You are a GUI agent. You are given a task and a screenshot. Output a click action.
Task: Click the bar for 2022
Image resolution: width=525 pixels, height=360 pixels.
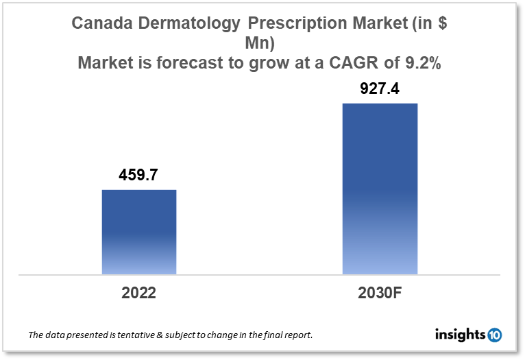point(139,232)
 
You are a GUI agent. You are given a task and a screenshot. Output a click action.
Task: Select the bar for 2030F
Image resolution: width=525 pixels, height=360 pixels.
point(380,189)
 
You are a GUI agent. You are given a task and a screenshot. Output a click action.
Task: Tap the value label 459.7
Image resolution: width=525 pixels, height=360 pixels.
point(139,175)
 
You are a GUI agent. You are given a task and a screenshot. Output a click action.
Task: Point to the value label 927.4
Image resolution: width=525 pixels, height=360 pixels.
point(380,89)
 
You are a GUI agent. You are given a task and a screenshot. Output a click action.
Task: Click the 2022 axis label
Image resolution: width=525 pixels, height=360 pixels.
point(139,293)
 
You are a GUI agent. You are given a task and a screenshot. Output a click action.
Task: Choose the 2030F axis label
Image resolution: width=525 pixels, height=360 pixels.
point(380,293)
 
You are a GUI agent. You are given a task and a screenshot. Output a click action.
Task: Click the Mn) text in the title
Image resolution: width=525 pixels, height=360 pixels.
point(263,44)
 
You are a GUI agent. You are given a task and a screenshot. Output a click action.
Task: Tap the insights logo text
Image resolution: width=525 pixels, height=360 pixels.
point(460,335)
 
